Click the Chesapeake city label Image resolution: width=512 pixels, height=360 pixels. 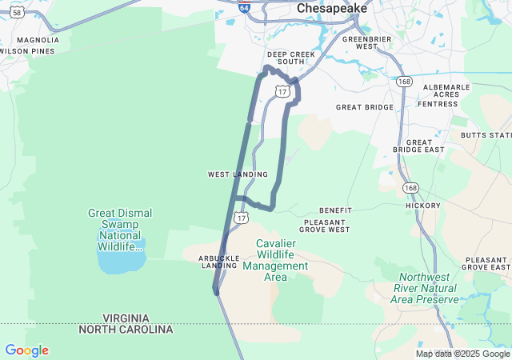click(331, 8)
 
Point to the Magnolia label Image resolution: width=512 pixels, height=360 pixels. click(38, 39)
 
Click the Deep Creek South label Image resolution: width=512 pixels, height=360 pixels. click(286, 58)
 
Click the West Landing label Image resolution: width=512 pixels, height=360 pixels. click(238, 174)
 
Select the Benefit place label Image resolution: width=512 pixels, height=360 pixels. click(335, 210)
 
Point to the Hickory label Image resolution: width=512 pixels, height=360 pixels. click(423, 206)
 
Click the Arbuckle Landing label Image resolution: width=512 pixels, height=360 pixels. click(220, 262)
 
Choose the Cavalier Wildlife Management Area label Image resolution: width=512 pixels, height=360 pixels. click(275, 260)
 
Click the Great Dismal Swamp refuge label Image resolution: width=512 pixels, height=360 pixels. click(119, 230)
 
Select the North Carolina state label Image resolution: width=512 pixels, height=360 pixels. click(126, 330)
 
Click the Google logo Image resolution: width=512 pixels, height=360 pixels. click(26, 350)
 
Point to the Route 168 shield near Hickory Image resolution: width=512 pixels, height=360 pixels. click(411, 188)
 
